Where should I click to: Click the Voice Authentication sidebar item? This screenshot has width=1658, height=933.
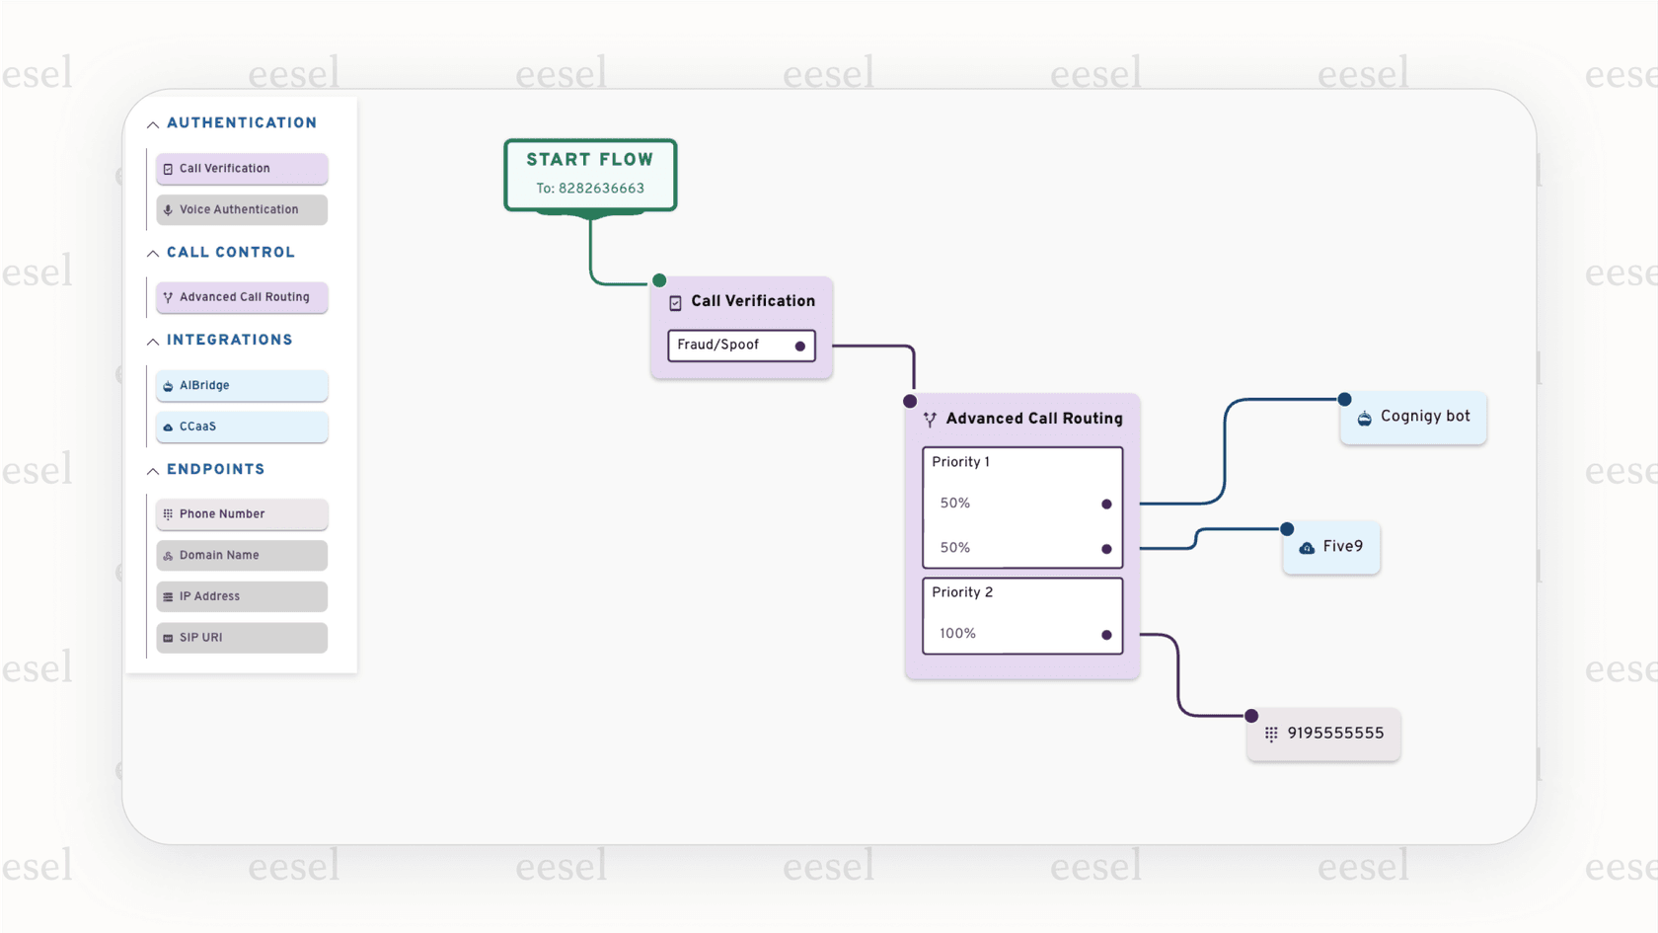coord(242,209)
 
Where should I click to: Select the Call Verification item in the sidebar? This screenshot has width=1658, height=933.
coord(242,169)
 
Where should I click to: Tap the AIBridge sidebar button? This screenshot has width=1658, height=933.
coord(242,385)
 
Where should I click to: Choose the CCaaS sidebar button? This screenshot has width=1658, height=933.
coord(242,427)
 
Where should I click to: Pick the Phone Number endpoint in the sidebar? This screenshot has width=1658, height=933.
coord(242,514)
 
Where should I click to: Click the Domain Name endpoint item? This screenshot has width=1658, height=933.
coord(242,555)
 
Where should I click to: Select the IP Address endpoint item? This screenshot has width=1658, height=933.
coord(242,596)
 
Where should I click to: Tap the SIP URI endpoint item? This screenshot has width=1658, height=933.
coord(242,638)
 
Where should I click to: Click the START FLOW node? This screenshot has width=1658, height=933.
coord(590,174)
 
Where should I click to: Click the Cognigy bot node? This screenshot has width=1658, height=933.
coord(1413,418)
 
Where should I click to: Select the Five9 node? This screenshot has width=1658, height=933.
coord(1331,547)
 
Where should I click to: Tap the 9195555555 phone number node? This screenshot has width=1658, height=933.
coord(1323,734)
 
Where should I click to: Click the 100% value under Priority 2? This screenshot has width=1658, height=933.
coord(957,634)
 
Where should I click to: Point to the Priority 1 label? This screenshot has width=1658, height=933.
coord(960,462)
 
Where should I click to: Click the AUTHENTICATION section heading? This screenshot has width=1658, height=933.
coord(242,123)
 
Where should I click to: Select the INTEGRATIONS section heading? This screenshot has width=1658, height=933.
coord(229,341)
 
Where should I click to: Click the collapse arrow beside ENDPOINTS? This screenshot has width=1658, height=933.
coord(153,471)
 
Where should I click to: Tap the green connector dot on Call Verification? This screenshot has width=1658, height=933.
coord(659,280)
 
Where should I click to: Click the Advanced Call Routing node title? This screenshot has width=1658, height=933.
coord(1033,419)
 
